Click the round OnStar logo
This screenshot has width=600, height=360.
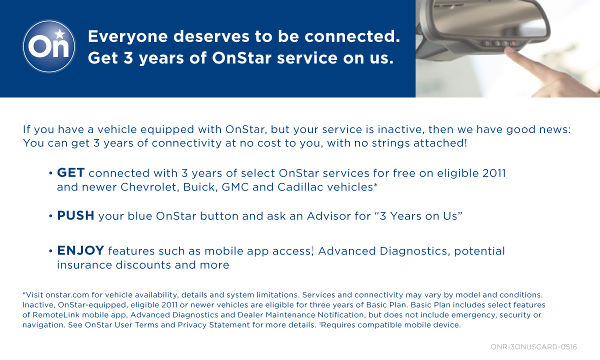49,46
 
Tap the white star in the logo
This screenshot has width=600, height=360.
60,34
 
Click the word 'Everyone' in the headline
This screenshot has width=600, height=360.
128,36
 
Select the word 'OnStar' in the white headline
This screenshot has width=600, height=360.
241,58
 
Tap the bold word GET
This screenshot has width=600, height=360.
71,173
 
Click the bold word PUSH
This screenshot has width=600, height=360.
75,215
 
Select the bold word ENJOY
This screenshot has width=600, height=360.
80,250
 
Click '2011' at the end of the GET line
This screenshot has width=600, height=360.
494,173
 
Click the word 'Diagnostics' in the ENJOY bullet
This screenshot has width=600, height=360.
413,251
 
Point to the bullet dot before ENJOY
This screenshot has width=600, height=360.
50,251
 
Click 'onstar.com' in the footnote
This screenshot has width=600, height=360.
67,295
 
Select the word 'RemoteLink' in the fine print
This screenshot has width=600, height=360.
53,315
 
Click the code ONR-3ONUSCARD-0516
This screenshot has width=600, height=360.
533,347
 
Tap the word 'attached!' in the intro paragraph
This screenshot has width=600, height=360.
440,143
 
